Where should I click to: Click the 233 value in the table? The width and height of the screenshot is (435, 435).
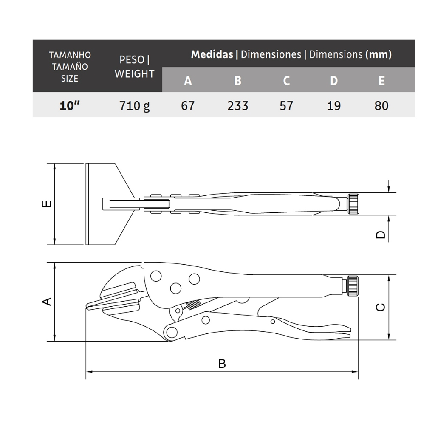pyautogui.click(x=238, y=106)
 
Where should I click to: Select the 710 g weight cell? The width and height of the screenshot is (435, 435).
pyautogui.click(x=134, y=106)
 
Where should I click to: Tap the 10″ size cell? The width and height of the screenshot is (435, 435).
pyautogui.click(x=70, y=106)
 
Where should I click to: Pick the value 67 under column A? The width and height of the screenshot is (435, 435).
pyautogui.click(x=187, y=106)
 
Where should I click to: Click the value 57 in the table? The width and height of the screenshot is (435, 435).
pyautogui.click(x=286, y=106)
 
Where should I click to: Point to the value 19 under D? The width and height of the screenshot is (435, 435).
pyautogui.click(x=334, y=106)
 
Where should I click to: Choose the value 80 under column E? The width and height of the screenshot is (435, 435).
pyautogui.click(x=381, y=106)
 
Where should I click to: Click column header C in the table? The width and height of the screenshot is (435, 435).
pyautogui.click(x=286, y=81)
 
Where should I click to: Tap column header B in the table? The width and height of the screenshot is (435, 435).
pyautogui.click(x=238, y=81)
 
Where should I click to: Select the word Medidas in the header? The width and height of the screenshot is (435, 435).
pyautogui.click(x=212, y=54)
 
